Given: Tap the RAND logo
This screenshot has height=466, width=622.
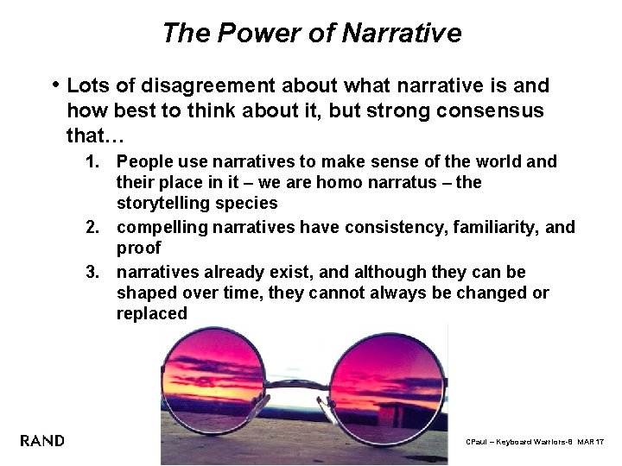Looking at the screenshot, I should click(x=42, y=441).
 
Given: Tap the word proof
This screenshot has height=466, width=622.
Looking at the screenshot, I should click(x=138, y=249).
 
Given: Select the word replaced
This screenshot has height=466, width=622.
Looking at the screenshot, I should click(x=151, y=314).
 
